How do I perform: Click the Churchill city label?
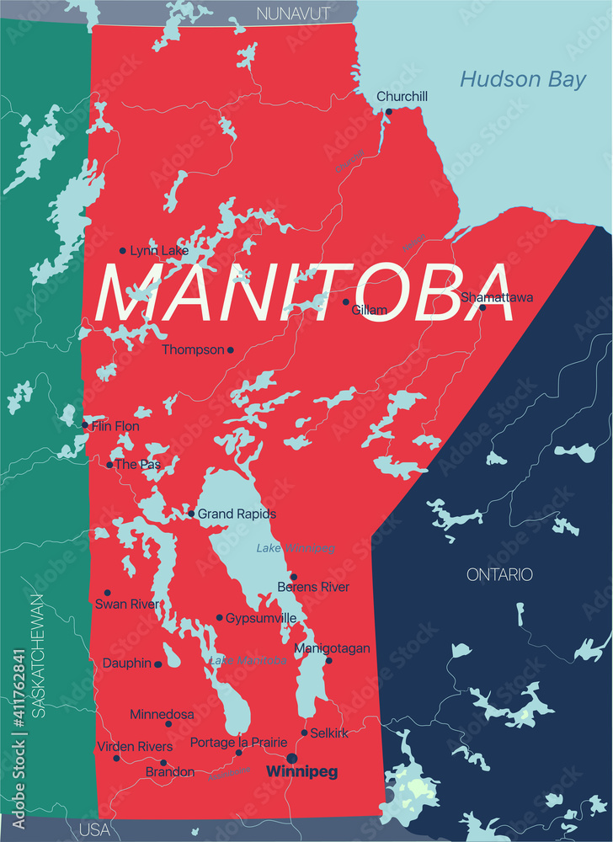click(x=402, y=97)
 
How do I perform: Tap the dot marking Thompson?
click(x=230, y=349)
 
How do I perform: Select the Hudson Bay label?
click(x=523, y=80)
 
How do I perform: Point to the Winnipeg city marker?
click(x=291, y=759)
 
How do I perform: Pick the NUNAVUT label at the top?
click(x=296, y=13)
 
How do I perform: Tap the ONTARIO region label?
click(x=500, y=575)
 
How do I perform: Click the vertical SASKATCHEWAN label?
click(x=38, y=656)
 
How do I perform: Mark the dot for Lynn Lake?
click(x=123, y=250)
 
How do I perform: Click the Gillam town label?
click(x=370, y=310)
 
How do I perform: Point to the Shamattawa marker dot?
click(x=482, y=307)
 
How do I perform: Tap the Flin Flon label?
click(x=115, y=426)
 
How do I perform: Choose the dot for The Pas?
click(x=109, y=464)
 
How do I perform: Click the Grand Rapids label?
click(x=237, y=514)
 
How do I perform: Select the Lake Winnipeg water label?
click(x=296, y=548)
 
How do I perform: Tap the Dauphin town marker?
click(x=157, y=664)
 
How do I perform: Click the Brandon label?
click(x=170, y=772)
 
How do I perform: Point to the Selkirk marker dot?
click(x=304, y=733)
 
